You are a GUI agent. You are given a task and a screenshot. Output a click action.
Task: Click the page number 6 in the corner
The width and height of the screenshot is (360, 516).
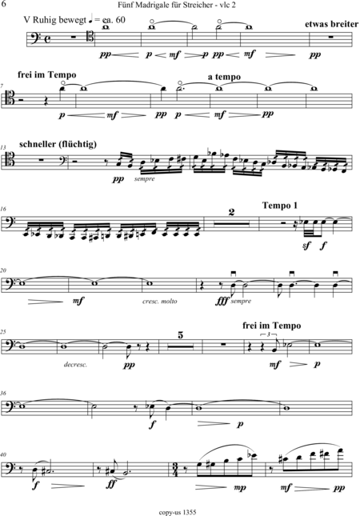(x=4, y=4)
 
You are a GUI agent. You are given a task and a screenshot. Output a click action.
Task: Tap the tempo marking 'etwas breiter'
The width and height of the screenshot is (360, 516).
(x=331, y=24)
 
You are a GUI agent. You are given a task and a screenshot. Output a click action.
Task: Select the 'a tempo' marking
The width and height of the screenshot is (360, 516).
(x=224, y=77)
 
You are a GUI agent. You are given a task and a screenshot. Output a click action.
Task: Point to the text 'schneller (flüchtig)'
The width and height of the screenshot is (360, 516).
(x=58, y=145)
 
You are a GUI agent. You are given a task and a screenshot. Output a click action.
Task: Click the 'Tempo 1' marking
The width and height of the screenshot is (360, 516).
(x=280, y=206)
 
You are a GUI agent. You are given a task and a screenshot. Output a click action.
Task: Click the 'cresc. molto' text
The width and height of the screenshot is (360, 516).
(x=160, y=301)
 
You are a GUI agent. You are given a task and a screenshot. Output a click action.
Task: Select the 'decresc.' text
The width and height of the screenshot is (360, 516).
(x=76, y=365)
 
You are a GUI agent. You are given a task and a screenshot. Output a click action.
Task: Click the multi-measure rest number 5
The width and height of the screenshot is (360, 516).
(x=180, y=335)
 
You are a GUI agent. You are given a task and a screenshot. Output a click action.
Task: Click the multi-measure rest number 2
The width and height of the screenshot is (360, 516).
(x=232, y=212)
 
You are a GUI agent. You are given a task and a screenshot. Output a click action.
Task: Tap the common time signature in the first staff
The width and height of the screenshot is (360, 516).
(x=48, y=39)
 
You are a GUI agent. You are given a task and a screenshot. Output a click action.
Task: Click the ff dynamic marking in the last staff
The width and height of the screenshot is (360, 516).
(x=112, y=484)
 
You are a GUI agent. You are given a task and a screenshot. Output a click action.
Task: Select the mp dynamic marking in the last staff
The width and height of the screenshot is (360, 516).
(x=240, y=488)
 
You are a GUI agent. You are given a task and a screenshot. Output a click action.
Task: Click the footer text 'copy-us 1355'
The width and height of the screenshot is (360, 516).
(x=178, y=512)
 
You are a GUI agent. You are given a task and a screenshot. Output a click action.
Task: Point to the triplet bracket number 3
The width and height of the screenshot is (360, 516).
(x=269, y=334)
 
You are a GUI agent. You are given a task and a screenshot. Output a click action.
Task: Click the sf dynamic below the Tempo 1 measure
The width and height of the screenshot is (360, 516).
(x=306, y=245)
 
